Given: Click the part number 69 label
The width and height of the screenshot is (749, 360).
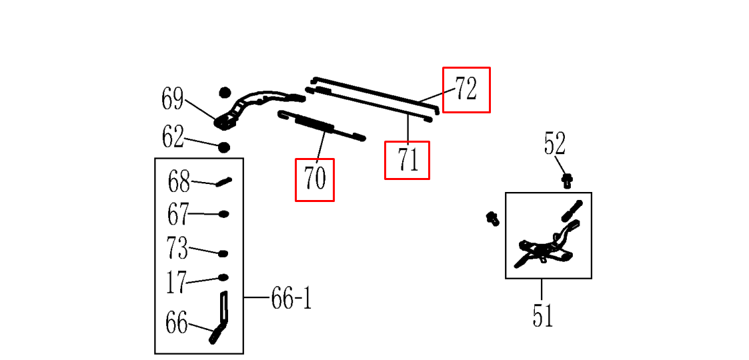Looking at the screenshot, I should tap(172, 100).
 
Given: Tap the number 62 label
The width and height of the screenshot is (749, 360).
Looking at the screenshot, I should tap(173, 137).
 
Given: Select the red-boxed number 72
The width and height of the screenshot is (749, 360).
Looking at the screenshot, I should tap(466, 89).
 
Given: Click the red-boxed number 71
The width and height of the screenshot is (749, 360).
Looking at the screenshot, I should tap(407, 160).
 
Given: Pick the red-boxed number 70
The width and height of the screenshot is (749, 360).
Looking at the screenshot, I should tap(315, 179).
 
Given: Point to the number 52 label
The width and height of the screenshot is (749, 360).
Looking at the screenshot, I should tap(554, 144).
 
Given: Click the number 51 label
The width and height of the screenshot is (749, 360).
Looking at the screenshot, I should tap(542, 315).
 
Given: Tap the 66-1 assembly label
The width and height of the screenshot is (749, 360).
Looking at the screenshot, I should tap(291, 299).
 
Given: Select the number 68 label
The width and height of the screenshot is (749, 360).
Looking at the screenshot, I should tap(179, 181).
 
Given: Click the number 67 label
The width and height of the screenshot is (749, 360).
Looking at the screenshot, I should tap(178, 215).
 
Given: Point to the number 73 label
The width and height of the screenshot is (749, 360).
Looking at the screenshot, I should tap(177, 249).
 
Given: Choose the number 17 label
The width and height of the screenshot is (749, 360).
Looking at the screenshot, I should tap(176, 283).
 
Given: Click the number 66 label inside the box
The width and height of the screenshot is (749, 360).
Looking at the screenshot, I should tap(176, 323).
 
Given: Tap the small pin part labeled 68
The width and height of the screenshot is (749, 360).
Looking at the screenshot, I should tap(223, 181).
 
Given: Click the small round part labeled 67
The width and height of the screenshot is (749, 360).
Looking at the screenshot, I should tap(224, 214).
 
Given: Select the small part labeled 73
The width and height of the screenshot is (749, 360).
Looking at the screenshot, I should tap(223, 253).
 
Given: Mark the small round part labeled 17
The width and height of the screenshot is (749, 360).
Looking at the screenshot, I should tap(223, 277).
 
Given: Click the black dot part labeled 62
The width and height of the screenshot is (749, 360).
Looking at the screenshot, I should tap(224, 147).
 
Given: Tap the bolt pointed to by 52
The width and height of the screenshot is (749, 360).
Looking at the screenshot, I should tap(568, 179).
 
